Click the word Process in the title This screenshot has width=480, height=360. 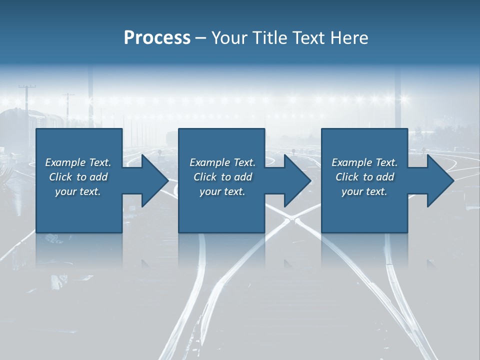pos(157,37)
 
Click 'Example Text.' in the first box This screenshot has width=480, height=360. pos(78,162)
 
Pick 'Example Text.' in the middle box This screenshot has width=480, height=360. pos(222,162)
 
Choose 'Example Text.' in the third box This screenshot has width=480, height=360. pos(364,162)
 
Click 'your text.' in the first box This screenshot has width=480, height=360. pos(78,191)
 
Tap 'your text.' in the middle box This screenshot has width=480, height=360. pos(222,191)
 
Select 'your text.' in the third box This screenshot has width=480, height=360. pos(364,191)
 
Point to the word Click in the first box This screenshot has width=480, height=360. pos(60,177)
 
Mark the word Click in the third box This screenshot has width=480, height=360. pos(347,177)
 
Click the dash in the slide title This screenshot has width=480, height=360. pos(201,38)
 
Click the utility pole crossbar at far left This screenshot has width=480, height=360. pos(27,87)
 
